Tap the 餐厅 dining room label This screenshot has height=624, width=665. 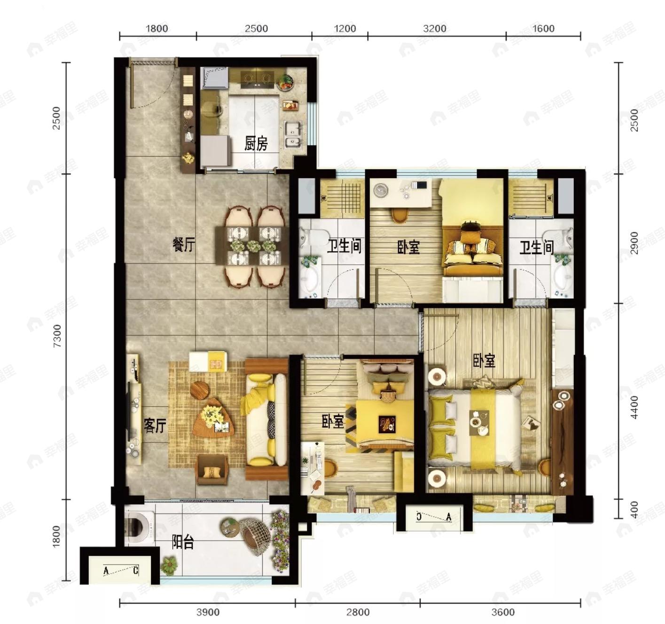184,245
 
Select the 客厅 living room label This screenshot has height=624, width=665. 155,426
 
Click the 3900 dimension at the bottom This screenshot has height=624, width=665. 208,612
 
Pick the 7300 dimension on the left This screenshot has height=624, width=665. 57,336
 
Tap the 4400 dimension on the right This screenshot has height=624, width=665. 634,407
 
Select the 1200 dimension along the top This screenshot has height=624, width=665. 345,29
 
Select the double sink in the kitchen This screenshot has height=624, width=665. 294,134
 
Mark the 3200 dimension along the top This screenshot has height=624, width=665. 435,29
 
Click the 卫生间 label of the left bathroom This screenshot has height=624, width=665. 344,247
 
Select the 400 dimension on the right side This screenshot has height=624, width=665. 634,510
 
